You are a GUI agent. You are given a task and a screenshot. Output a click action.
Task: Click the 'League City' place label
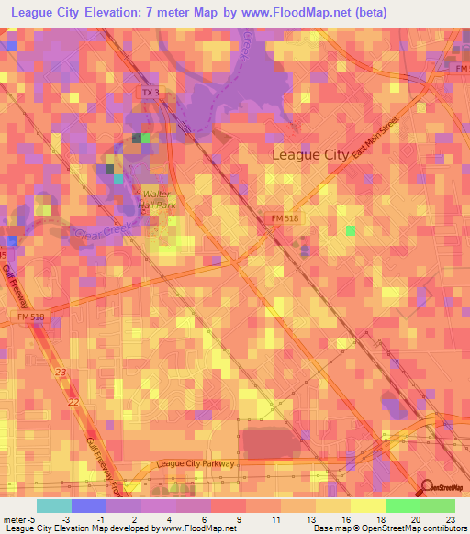pos(310,155)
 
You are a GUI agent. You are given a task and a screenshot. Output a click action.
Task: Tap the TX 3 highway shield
pos(150,93)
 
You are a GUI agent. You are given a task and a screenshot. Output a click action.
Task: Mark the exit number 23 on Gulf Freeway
pos(61,373)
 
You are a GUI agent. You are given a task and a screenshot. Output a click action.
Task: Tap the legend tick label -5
pos(21,518)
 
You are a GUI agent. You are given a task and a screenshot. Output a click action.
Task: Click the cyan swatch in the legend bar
pos(53,506)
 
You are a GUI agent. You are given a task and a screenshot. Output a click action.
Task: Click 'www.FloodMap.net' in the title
pos(304,13)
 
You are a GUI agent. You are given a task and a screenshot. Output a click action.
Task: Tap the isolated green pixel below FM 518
pos(351,229)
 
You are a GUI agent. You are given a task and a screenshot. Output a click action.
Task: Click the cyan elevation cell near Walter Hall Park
pos(117,178)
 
